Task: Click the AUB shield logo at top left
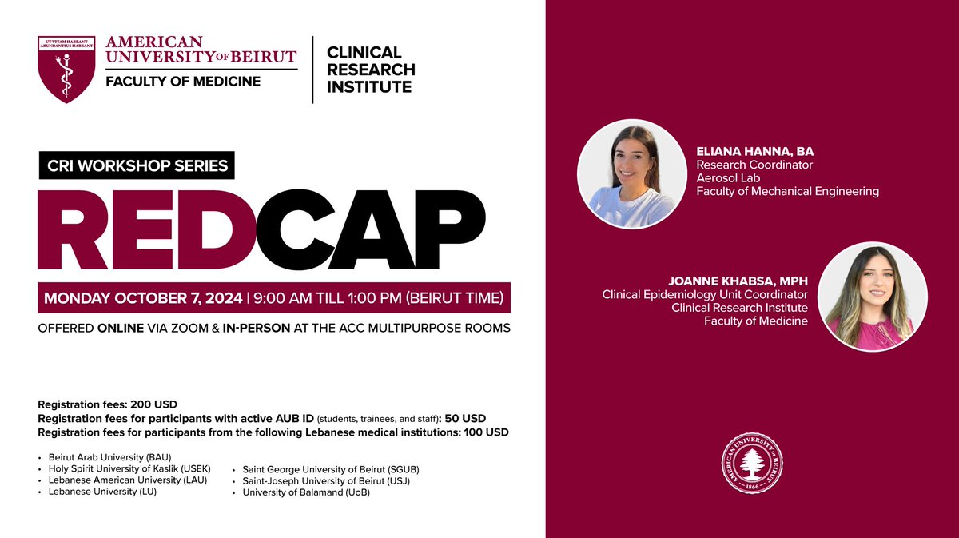click(x=67, y=69)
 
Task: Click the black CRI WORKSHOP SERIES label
click(x=137, y=167)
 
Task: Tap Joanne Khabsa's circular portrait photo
click(x=873, y=297)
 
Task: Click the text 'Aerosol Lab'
click(x=726, y=178)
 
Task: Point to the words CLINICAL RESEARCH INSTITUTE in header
click(x=371, y=70)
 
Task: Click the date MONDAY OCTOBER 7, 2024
click(x=143, y=298)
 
